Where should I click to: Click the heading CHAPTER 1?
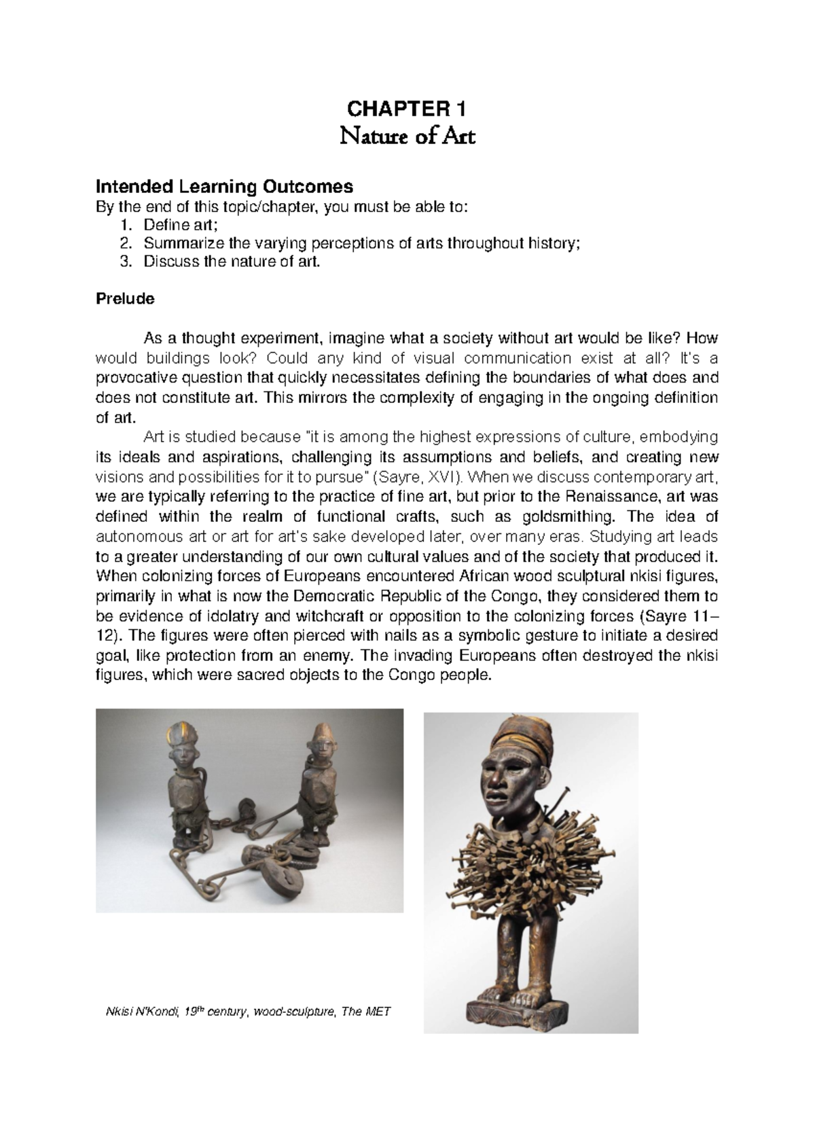407,109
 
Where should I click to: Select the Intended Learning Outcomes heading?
224,185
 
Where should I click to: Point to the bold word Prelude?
125,298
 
